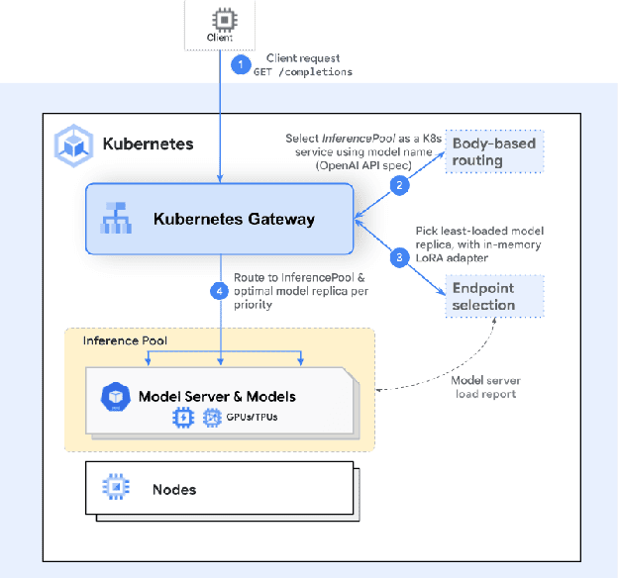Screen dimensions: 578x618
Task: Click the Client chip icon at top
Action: click(219, 20)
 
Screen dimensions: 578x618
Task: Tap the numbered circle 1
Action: click(238, 64)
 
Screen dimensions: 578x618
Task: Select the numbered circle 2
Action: click(399, 185)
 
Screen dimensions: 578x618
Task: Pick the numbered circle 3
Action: click(399, 257)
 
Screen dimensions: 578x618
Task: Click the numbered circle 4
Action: click(220, 291)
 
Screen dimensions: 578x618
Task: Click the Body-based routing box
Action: click(493, 151)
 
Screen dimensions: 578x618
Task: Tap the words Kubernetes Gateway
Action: click(235, 219)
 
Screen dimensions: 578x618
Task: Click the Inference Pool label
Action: click(125, 340)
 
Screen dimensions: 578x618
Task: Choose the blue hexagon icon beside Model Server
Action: click(116, 397)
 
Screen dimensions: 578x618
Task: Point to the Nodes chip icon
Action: click(117, 488)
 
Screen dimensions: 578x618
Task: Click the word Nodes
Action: click(174, 489)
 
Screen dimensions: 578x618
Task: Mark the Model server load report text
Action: click(487, 386)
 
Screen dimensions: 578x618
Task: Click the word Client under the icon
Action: click(219, 39)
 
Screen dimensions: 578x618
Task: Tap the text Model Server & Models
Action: click(217, 396)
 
